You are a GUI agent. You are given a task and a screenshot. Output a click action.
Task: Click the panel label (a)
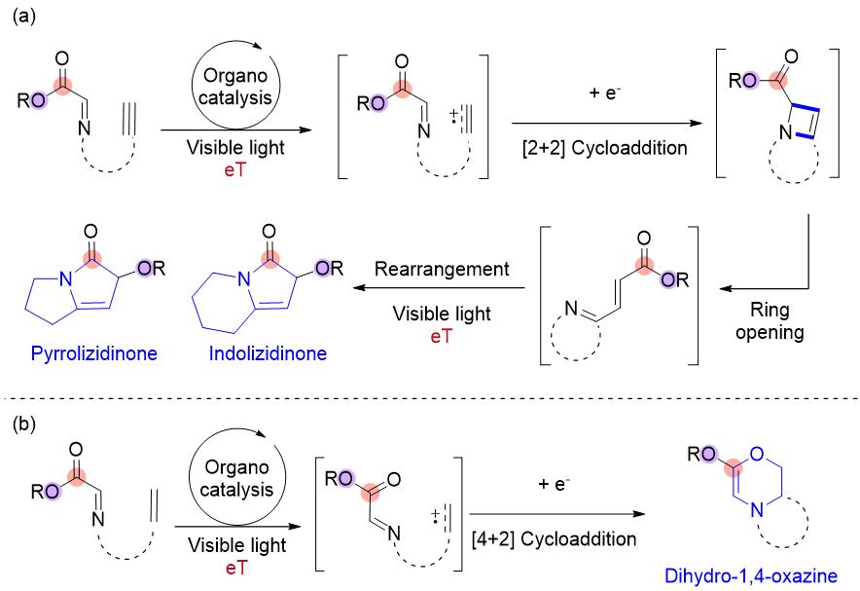(22, 19)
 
